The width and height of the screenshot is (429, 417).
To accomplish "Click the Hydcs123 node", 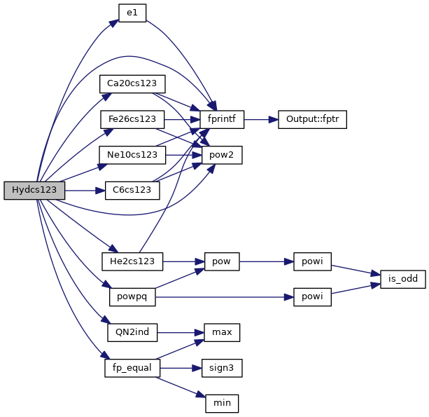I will (x=34, y=191).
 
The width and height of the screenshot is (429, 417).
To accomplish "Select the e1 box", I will (x=132, y=13).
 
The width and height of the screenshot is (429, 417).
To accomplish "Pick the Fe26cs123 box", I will (x=132, y=119).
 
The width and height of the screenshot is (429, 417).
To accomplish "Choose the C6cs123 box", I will (x=132, y=190).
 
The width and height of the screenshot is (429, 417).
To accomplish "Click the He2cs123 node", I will (x=132, y=261).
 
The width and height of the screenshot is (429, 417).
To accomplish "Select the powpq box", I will (x=132, y=296).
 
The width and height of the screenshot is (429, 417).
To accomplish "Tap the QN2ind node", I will (x=132, y=331).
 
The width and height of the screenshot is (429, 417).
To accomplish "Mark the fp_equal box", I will (x=132, y=367).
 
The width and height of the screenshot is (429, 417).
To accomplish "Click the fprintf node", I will (x=222, y=119).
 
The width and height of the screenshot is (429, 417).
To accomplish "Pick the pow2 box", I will (x=222, y=154).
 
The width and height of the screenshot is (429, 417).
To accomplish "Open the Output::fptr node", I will (x=312, y=119).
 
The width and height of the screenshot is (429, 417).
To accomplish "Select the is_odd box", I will (x=402, y=279).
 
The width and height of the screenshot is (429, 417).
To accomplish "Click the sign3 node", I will (x=222, y=367).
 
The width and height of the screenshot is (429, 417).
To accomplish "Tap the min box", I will (x=222, y=403).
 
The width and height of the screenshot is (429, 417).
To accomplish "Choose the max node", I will (x=222, y=331).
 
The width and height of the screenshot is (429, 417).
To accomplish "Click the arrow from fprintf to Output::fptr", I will (x=260, y=119).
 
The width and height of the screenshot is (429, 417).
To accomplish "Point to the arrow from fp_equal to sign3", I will (x=181, y=367).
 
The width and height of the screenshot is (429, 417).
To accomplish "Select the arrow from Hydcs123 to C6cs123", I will (x=85, y=190).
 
